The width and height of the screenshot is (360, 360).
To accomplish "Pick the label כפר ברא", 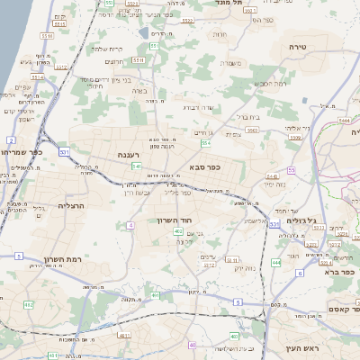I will point(343,272).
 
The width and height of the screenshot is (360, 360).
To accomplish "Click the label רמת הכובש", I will point(273,83).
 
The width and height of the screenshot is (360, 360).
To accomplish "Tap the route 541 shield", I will point(136,166).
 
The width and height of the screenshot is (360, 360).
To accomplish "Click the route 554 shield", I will point(206,142).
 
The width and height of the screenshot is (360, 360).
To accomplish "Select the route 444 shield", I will point(274,262).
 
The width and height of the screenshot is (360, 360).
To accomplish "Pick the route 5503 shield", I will point(252,130).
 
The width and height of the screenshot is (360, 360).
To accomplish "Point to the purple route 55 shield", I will point(292,169).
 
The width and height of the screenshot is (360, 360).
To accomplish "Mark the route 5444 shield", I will point(346,118).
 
